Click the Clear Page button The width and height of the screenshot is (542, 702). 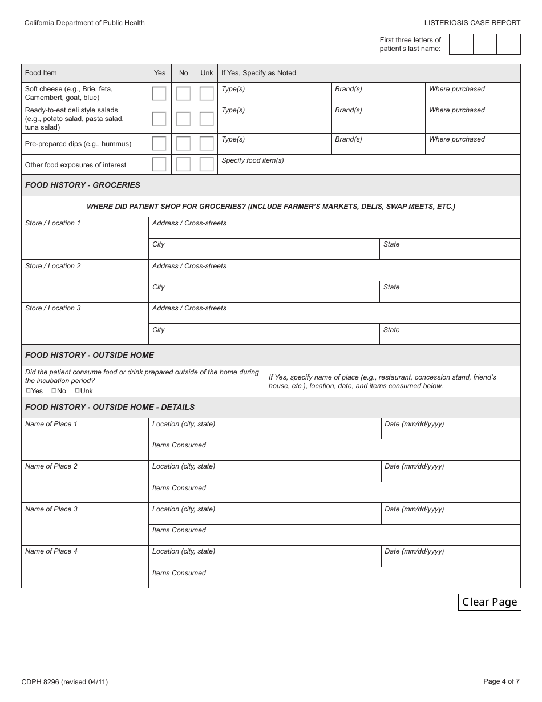click(x=490, y=602)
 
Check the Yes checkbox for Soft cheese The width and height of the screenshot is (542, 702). click(x=159, y=94)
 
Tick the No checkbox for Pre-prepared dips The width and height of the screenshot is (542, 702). click(x=183, y=143)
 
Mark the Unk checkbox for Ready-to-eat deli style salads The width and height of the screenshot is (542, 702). click(x=207, y=119)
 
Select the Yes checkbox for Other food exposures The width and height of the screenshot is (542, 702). click(x=159, y=164)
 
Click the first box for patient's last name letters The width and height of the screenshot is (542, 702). click(x=461, y=44)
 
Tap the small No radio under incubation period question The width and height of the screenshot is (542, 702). click(x=54, y=391)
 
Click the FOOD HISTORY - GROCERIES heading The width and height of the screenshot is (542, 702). click(x=83, y=185)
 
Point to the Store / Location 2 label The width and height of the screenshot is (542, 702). click(x=53, y=266)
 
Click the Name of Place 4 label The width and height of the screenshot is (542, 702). click(x=51, y=551)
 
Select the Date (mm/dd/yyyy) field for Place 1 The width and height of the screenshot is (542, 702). click(x=451, y=429)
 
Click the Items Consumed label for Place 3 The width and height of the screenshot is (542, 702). click(x=179, y=530)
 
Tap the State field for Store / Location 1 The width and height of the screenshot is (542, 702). click(x=450, y=249)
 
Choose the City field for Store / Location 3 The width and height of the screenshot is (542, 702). click(x=264, y=334)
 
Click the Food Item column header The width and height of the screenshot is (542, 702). click(x=41, y=73)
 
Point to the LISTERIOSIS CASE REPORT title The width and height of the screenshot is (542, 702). click(x=472, y=23)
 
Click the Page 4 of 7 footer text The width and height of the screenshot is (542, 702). click(x=501, y=681)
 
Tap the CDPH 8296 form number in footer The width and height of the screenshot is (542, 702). click(x=64, y=681)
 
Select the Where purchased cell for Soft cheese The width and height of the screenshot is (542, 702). click(x=472, y=94)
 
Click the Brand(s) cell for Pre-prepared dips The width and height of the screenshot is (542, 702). click(x=378, y=144)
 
